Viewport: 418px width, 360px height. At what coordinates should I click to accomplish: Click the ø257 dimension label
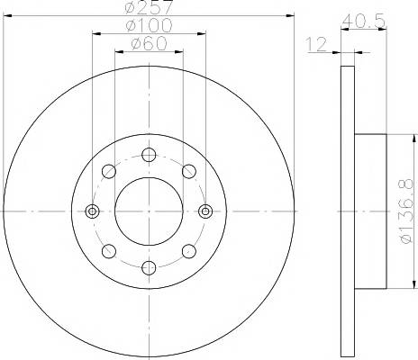click(x=149, y=6)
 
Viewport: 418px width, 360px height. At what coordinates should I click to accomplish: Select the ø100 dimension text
click(x=150, y=25)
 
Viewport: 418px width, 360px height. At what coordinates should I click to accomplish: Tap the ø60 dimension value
click(x=150, y=43)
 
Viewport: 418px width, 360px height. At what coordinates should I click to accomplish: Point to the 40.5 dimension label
click(x=364, y=21)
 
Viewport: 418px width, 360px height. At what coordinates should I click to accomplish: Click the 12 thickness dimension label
click(x=316, y=44)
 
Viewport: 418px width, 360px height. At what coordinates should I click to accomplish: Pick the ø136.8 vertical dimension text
click(x=407, y=211)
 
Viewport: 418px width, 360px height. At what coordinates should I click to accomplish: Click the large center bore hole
click(x=149, y=211)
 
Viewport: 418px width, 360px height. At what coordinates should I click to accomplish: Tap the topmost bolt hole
click(x=149, y=155)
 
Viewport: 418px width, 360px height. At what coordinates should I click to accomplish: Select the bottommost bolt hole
click(x=149, y=267)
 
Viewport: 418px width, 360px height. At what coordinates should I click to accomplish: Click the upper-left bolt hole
click(x=109, y=171)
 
